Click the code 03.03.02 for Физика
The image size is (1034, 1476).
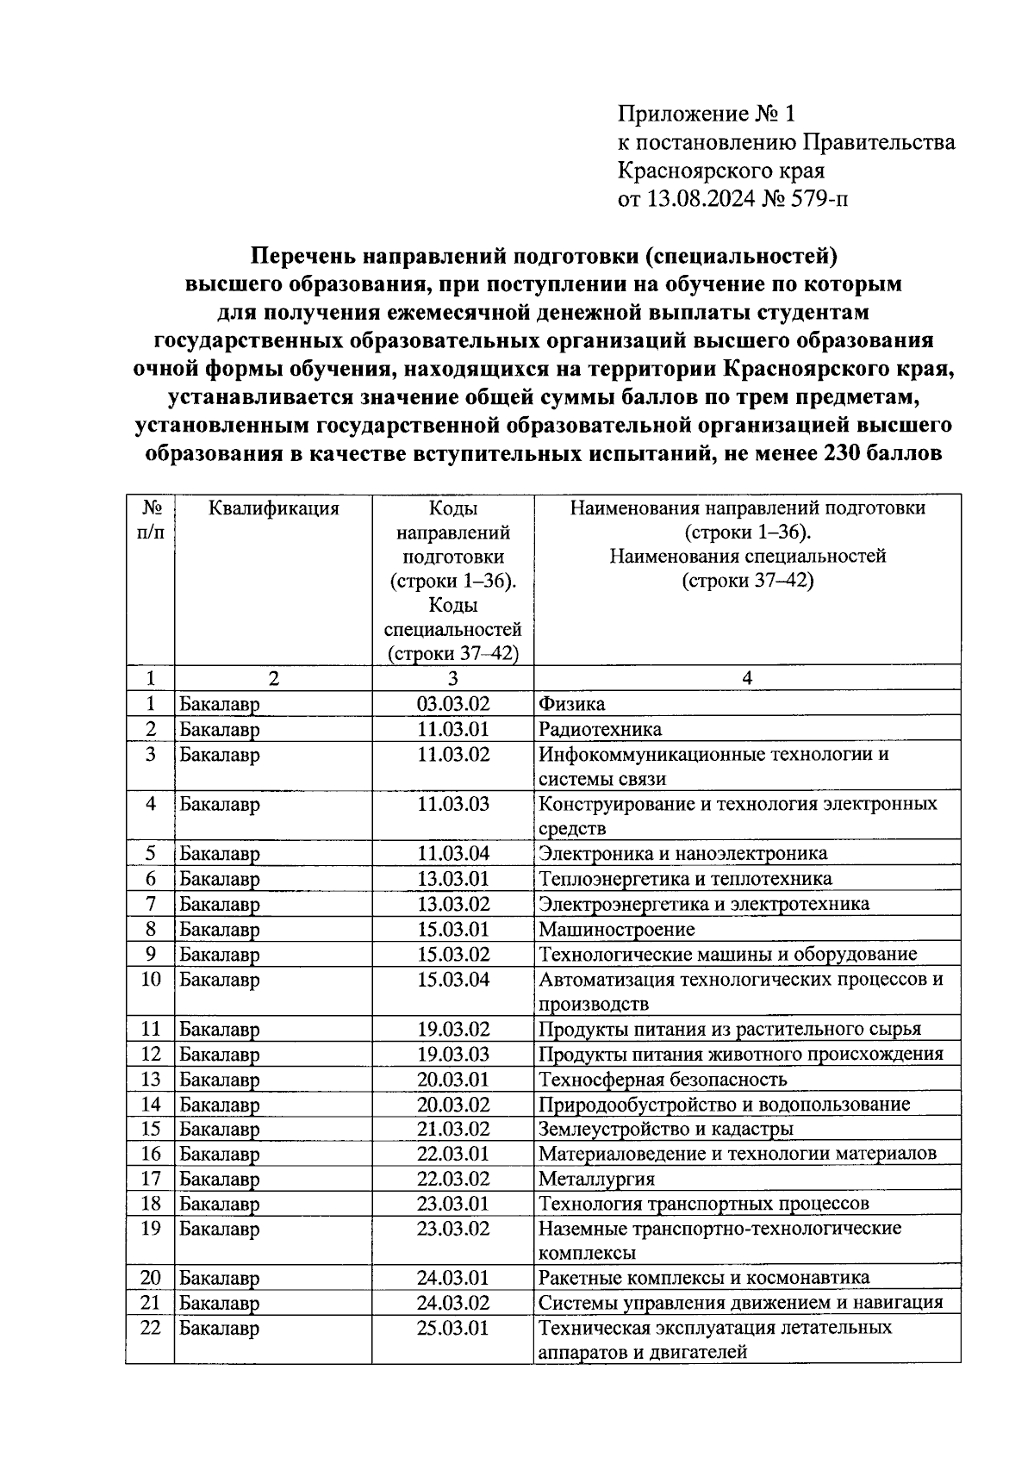[x=452, y=704]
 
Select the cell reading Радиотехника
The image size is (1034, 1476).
[x=600, y=730]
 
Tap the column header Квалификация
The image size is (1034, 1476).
[x=273, y=508]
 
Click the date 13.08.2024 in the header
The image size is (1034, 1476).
[x=701, y=200]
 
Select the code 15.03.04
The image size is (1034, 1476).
[x=452, y=980]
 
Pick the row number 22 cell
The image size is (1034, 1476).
[x=150, y=1328]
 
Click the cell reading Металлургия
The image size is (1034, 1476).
[x=596, y=1179]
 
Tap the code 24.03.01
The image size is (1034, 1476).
[x=452, y=1278]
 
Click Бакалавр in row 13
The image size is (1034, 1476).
[x=219, y=1080]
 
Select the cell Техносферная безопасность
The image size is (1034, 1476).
[x=662, y=1080]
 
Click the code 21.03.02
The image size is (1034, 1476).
[x=452, y=1129]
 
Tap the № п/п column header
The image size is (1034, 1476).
[x=150, y=520]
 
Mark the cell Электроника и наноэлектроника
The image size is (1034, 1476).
[x=682, y=854]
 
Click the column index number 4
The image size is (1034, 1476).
[x=747, y=678]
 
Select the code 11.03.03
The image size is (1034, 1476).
[x=452, y=805]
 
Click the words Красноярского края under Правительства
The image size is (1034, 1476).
[x=720, y=171]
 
